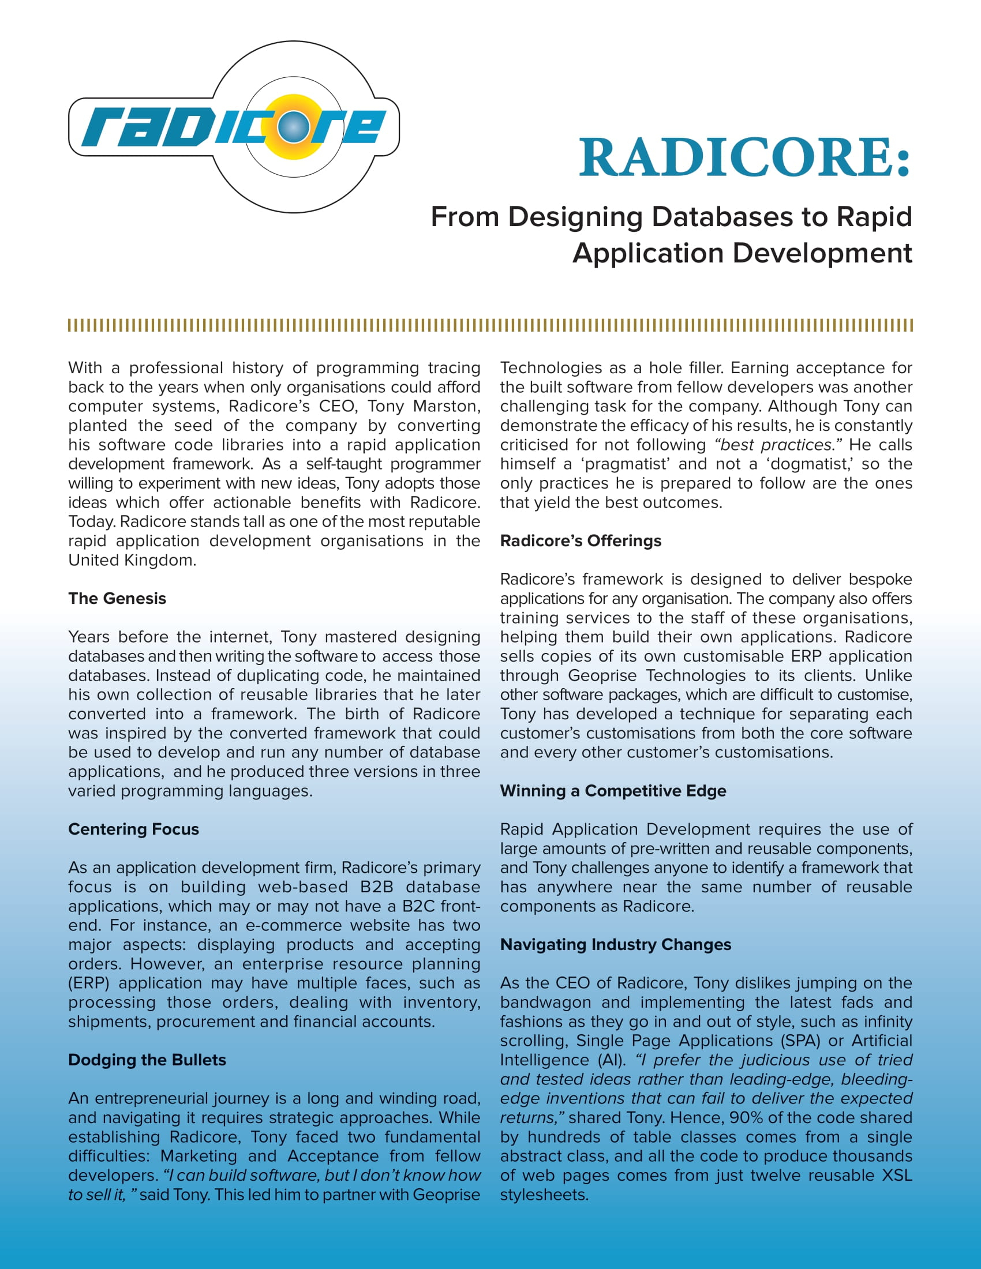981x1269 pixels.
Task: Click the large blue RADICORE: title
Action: pyautogui.click(x=744, y=157)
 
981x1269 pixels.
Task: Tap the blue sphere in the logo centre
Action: pyautogui.click(x=294, y=127)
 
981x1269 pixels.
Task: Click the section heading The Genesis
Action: pyautogui.click(x=117, y=599)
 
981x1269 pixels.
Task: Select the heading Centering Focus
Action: pyautogui.click(x=133, y=829)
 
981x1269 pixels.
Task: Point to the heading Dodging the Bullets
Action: pyautogui.click(x=147, y=1060)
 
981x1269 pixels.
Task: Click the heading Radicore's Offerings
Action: pyautogui.click(x=580, y=541)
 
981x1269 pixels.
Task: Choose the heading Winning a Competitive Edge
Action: pyautogui.click(x=612, y=791)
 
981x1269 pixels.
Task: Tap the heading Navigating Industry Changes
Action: pyautogui.click(x=615, y=945)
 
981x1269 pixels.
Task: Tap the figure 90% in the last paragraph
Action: pyautogui.click(x=748, y=1117)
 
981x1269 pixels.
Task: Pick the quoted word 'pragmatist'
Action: pyautogui.click(x=625, y=464)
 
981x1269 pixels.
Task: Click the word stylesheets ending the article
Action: pyautogui.click(x=544, y=1195)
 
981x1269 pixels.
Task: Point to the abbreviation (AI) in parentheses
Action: pyautogui.click(x=611, y=1060)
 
